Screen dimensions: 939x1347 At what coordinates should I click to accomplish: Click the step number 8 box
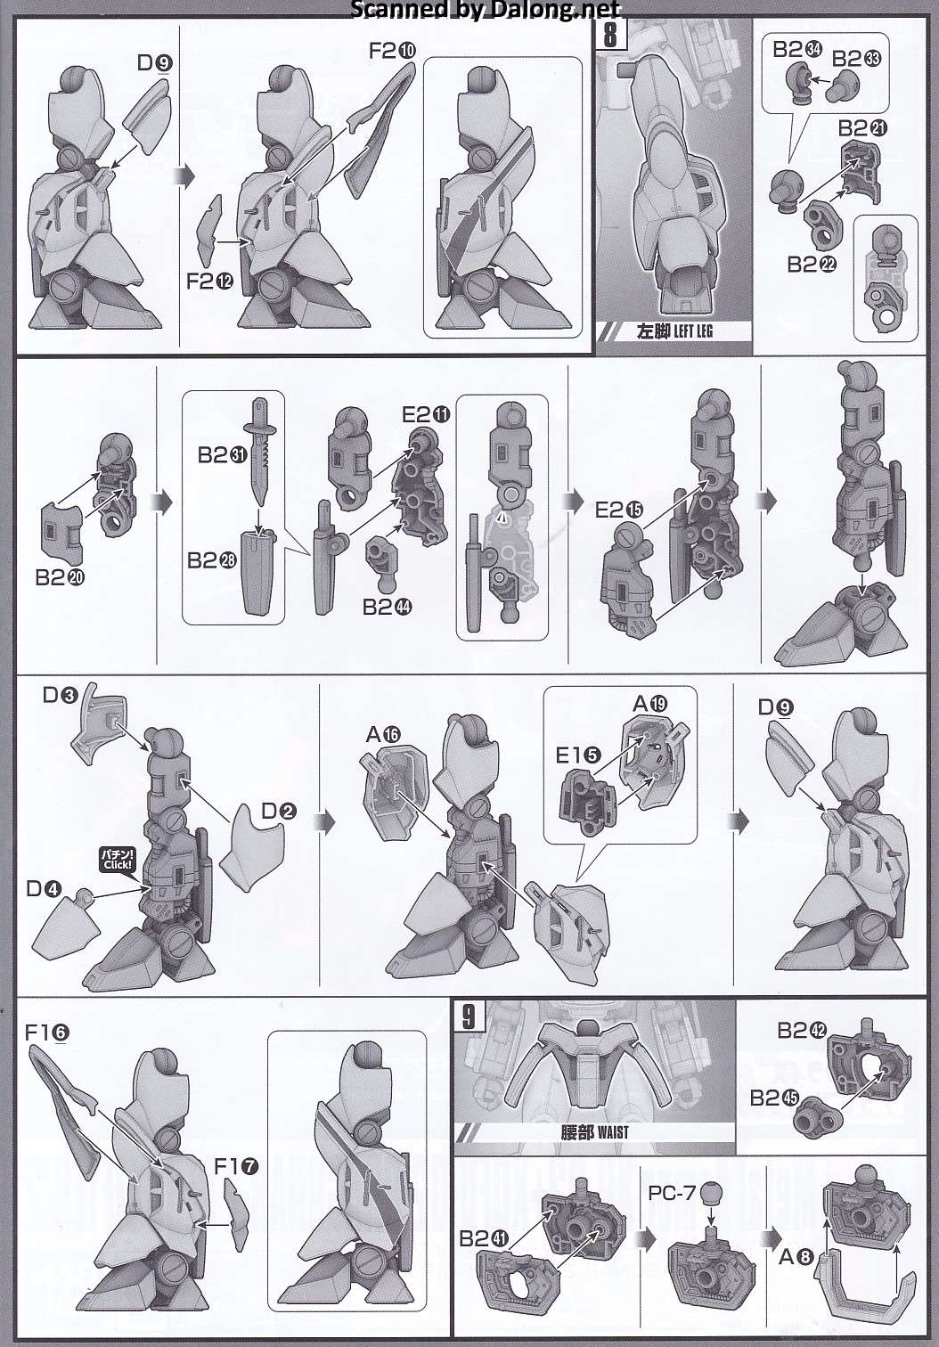[610, 34]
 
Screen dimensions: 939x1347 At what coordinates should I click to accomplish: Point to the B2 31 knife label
[223, 455]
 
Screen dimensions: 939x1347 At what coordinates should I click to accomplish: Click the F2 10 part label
[392, 51]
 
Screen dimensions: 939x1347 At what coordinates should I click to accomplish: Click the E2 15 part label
[619, 510]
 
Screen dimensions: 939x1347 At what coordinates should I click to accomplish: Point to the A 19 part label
[651, 703]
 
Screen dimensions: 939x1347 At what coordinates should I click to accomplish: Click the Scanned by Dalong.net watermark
[485, 9]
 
